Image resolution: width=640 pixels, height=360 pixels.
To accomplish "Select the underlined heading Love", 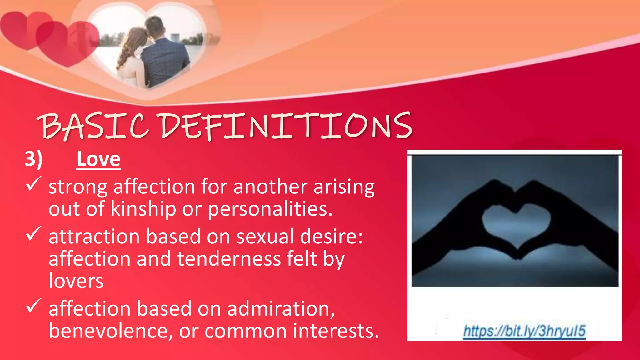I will click(98, 159).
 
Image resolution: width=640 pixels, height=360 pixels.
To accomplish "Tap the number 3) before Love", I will click(33, 159).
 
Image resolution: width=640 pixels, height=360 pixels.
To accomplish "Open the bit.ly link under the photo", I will click(524, 331).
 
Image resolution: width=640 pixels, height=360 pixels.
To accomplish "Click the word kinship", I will click(143, 209).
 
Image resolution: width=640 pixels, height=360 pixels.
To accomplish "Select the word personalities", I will click(270, 209).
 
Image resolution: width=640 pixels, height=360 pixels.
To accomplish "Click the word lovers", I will click(76, 281).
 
